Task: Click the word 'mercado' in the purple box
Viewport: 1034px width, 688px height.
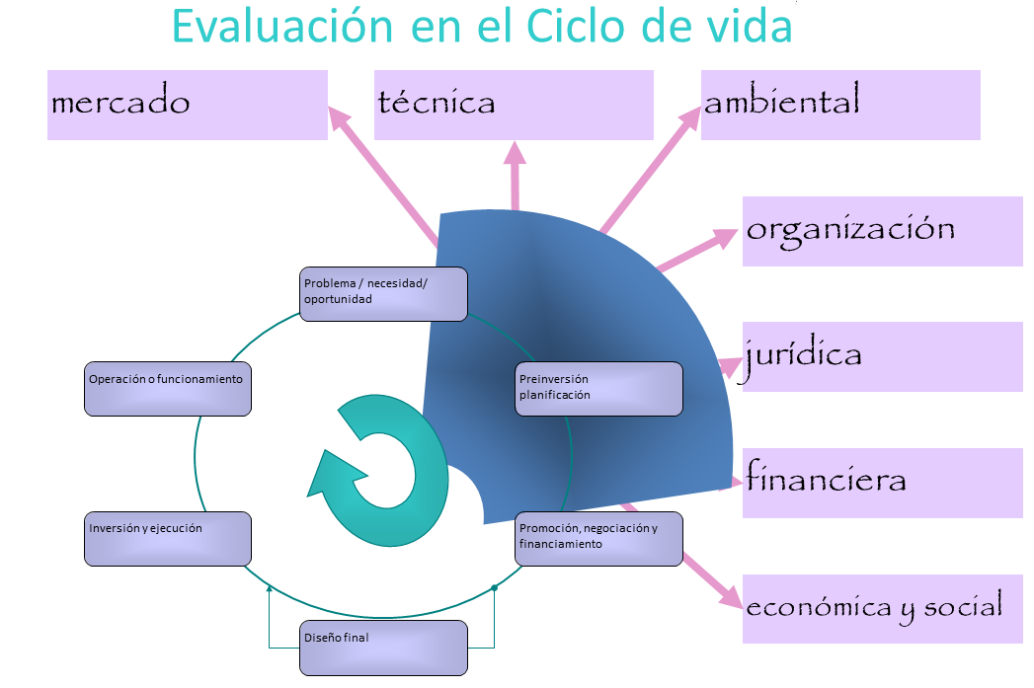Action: click(x=120, y=101)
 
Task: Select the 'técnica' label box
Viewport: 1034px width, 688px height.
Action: click(x=514, y=105)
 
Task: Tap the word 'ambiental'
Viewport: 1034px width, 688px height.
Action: click(x=782, y=99)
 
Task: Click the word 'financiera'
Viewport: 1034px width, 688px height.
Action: click(x=826, y=477)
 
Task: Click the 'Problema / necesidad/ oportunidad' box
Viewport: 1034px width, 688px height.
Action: click(x=383, y=294)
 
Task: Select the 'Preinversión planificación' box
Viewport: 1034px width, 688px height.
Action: click(x=598, y=389)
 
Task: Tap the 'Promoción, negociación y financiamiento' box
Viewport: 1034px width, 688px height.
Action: click(x=598, y=538)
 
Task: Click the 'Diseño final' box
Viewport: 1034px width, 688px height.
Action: click(x=383, y=648)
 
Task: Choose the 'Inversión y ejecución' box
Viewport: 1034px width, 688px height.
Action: click(x=168, y=538)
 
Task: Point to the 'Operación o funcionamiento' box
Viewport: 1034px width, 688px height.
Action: click(x=168, y=389)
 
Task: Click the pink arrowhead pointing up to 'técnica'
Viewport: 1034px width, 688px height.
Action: click(x=515, y=153)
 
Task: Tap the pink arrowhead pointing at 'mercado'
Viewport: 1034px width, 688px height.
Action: click(x=340, y=118)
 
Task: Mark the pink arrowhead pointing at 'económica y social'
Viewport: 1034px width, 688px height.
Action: click(x=731, y=596)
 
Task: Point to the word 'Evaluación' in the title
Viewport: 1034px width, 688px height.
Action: click(x=282, y=27)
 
